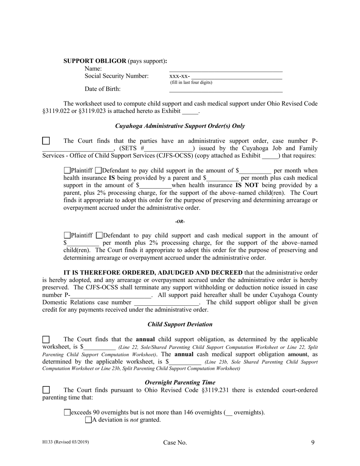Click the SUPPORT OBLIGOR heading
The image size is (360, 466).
(95, 61)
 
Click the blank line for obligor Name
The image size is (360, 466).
(225, 69)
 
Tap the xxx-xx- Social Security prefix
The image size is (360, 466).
(180, 76)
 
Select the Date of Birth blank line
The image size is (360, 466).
(225, 89)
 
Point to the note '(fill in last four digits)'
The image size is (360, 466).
(191, 83)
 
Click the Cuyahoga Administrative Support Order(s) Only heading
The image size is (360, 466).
(180, 126)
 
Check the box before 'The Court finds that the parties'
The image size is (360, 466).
(46, 141)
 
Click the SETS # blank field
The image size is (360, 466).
(169, 149)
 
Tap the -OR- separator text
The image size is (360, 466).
(180, 222)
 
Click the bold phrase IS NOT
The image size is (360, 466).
(246, 185)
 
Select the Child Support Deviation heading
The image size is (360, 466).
(180, 324)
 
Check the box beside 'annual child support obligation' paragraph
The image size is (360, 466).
(46, 339)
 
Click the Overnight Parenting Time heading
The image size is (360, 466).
(180, 382)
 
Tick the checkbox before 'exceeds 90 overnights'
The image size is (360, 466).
(67, 412)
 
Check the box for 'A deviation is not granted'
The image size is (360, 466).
(89, 420)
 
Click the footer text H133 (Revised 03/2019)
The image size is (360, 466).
(66, 442)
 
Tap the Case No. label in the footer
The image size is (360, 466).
(175, 443)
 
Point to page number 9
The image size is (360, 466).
(313, 442)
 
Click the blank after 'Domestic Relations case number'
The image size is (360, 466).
(166, 303)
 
